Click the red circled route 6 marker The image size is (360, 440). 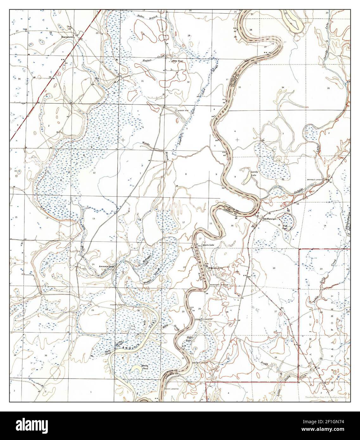(59, 73)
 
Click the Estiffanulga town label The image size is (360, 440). (268, 219)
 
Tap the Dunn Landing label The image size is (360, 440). (172, 388)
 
